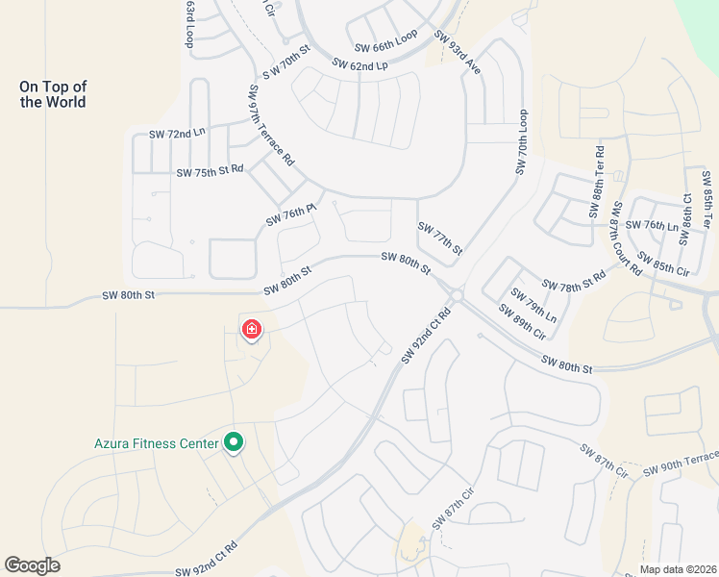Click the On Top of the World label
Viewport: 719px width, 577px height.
click(53, 94)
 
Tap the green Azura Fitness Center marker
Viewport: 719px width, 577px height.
click(233, 442)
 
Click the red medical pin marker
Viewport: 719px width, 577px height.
click(251, 331)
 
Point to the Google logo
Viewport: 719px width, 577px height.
click(32, 565)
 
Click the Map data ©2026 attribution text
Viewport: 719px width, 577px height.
click(677, 569)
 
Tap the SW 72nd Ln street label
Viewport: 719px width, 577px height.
click(177, 134)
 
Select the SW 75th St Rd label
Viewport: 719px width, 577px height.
click(210, 171)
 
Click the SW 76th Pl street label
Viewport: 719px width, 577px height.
click(291, 214)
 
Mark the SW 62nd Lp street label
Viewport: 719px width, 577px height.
click(359, 64)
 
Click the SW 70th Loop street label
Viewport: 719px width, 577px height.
click(522, 141)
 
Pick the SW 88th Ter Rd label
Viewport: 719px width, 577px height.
click(598, 182)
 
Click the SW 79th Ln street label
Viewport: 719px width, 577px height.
click(533, 305)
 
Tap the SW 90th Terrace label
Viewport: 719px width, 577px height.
click(681, 462)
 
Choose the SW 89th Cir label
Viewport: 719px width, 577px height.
click(522, 322)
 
